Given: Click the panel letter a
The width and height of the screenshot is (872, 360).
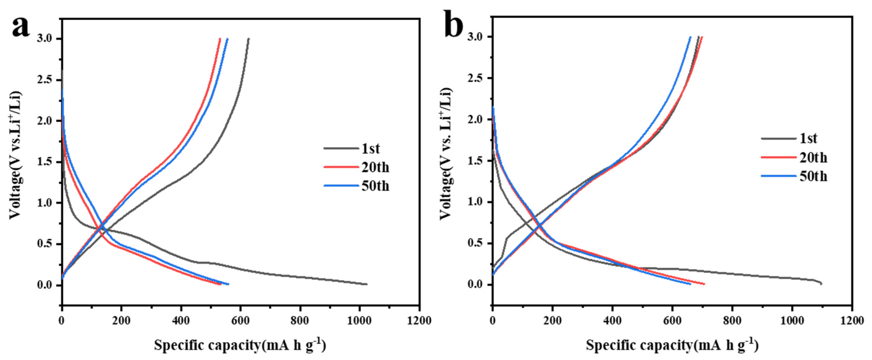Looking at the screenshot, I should [x=21, y=27].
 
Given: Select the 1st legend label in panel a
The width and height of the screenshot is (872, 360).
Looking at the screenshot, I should [x=371, y=149].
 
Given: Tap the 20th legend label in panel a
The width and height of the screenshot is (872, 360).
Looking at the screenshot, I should [x=375, y=167].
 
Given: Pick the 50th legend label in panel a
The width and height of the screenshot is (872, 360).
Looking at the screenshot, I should [x=375, y=186].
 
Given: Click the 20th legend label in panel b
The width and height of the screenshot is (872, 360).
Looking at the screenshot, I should [x=813, y=157].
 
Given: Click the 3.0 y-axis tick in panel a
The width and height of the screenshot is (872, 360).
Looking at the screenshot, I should [x=45, y=39].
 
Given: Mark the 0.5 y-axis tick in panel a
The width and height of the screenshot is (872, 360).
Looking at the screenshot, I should [x=45, y=244].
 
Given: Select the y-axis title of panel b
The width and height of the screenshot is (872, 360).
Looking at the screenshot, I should [x=446, y=154].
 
